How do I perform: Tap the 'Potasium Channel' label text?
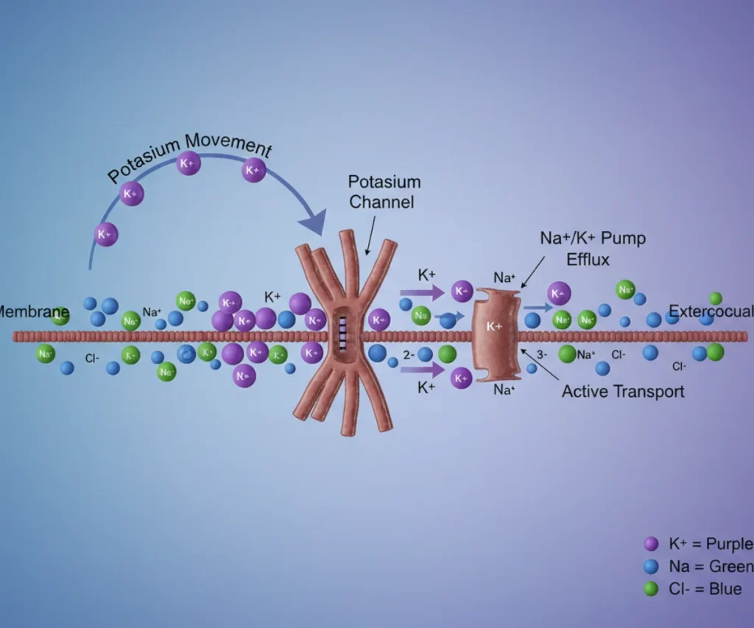[384, 191]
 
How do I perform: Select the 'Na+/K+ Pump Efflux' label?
[588, 248]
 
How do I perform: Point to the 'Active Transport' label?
[623, 391]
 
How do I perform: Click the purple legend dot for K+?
[651, 544]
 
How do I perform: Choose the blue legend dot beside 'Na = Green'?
[651, 567]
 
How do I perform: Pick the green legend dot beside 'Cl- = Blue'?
[651, 589]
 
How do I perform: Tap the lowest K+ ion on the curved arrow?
[106, 235]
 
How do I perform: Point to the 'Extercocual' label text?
[711, 312]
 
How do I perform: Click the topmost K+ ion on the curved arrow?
[188, 163]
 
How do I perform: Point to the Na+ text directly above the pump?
[504, 278]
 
